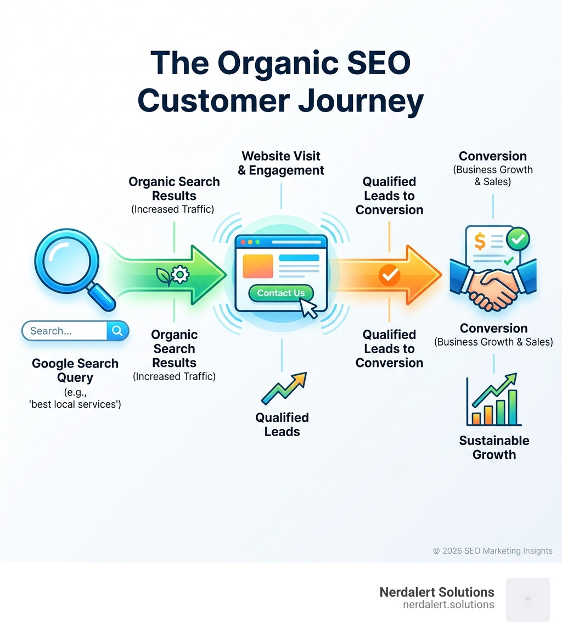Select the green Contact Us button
coord(280,293)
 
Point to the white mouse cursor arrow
coord(309,309)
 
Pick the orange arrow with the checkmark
coord(390,275)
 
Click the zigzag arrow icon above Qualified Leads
coord(283,388)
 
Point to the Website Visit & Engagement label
coord(281,163)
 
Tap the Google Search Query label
coord(75,371)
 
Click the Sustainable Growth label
coord(494,448)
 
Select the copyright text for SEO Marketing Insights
coord(492,550)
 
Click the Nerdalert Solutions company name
coord(437,592)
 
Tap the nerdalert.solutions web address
coord(448,605)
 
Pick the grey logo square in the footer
coord(527,599)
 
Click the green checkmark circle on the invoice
coord(517,238)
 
